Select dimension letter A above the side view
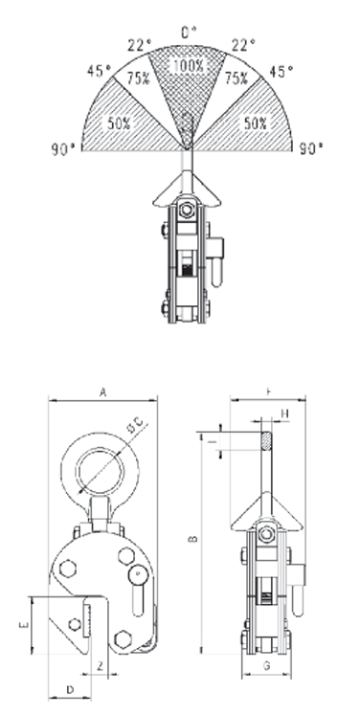(x=101, y=391)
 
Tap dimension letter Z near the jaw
(x=100, y=664)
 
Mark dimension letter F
(x=268, y=391)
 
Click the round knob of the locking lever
(x=141, y=575)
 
